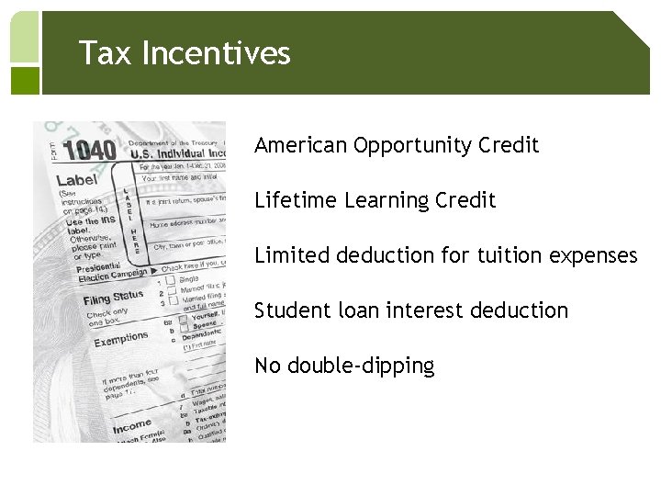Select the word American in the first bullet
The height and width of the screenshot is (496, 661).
[300, 145]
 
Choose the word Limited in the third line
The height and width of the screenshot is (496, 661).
[288, 255]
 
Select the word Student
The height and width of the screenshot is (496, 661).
[288, 310]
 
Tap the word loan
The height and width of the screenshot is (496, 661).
[354, 310]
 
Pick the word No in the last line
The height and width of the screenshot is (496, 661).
[268, 366]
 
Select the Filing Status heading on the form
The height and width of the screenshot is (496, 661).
[113, 299]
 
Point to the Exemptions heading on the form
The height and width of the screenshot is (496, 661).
[122, 340]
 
